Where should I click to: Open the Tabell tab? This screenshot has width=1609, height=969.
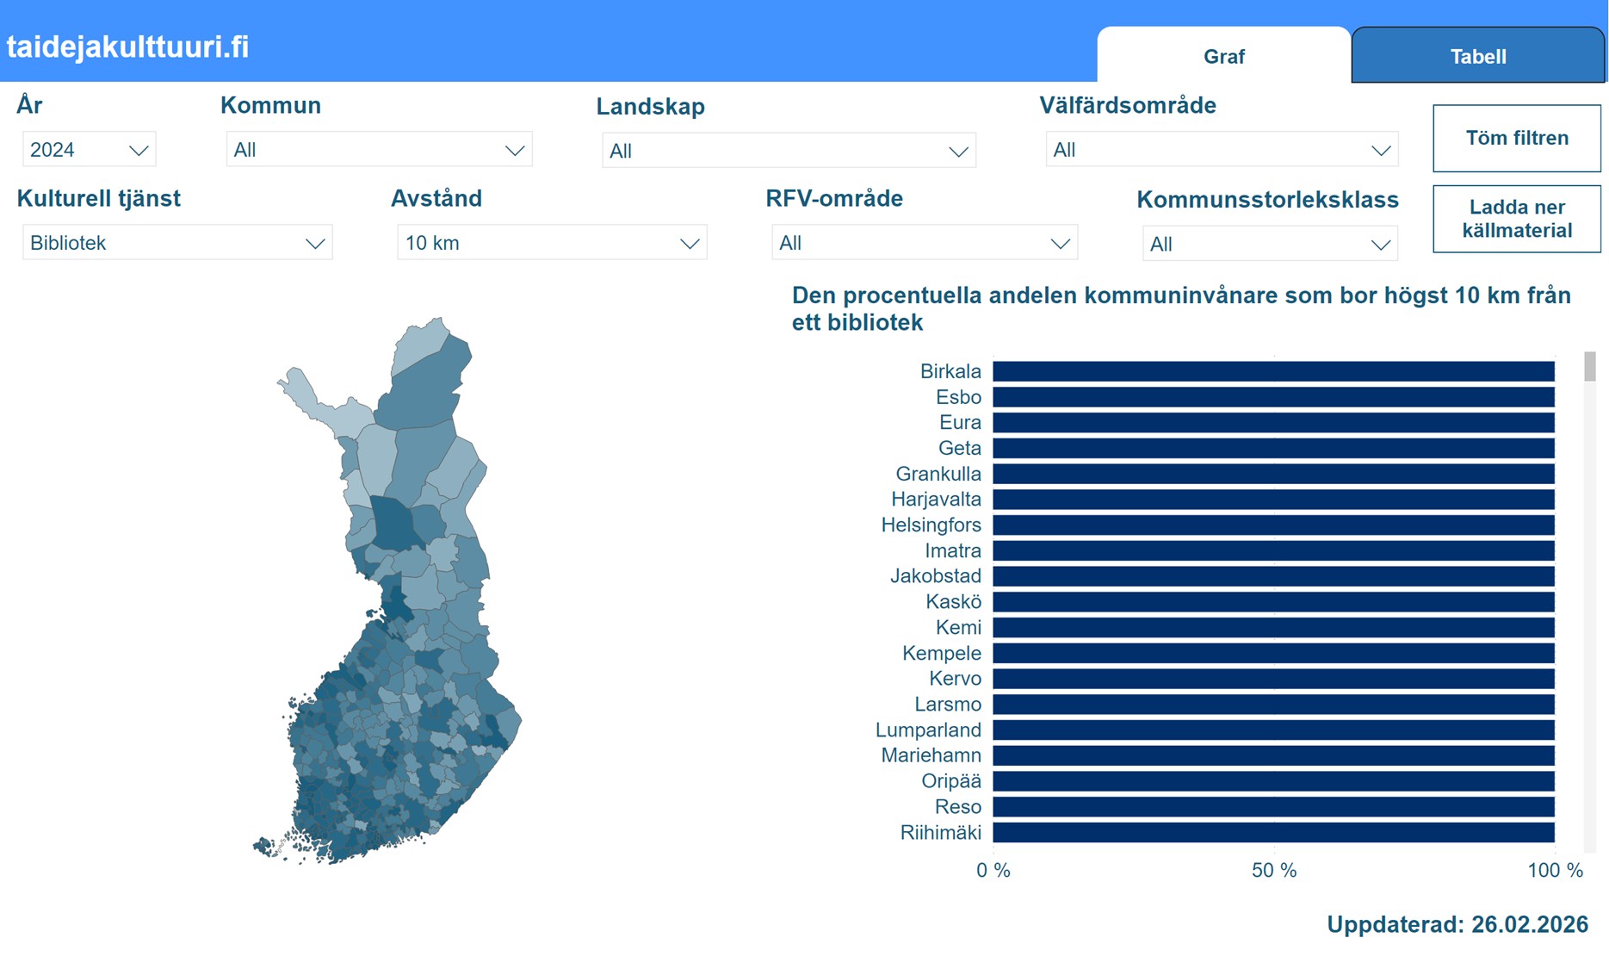(x=1477, y=57)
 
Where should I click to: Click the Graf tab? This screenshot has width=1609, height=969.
(x=1223, y=57)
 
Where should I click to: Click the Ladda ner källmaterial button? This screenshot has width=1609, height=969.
(x=1516, y=219)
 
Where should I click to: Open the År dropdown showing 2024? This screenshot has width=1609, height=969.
(x=89, y=150)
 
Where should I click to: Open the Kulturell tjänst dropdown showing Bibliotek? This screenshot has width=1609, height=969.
(x=177, y=243)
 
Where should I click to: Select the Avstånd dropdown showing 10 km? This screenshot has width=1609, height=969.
(x=551, y=243)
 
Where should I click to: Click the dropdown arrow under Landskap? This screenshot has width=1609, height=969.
(x=957, y=152)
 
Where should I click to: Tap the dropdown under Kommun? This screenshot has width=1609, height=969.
(x=379, y=150)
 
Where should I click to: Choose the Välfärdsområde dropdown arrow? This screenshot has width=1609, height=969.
(x=1380, y=151)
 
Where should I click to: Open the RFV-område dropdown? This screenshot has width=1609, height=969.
(x=924, y=243)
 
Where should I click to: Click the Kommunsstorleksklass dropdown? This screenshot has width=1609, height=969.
(x=1269, y=244)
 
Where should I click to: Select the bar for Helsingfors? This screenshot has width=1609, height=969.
(x=1273, y=525)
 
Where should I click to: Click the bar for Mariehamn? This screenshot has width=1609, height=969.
(x=1273, y=755)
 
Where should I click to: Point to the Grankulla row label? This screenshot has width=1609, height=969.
(x=938, y=474)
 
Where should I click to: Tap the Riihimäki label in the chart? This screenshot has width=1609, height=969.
(x=940, y=833)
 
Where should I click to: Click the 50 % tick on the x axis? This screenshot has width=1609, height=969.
(x=1273, y=870)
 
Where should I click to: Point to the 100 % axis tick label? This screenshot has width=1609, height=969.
(x=1554, y=870)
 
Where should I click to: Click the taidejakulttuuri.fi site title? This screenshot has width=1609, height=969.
(x=127, y=47)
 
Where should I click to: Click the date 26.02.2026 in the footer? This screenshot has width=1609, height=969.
(x=1529, y=924)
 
